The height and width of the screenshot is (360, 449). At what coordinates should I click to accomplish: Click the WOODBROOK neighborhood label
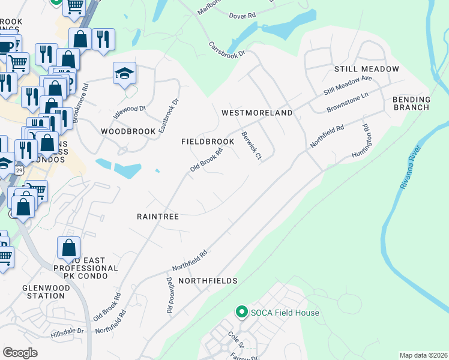[x=124, y=131]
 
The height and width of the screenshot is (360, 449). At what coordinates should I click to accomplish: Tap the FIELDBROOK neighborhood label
[x=208, y=142]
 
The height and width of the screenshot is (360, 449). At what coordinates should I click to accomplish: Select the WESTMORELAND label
[x=257, y=113]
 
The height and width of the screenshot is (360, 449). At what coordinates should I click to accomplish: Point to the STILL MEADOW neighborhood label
[x=367, y=69]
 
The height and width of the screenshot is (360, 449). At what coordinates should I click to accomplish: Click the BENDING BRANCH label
[x=411, y=103]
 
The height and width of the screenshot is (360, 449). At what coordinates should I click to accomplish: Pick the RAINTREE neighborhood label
[x=158, y=216]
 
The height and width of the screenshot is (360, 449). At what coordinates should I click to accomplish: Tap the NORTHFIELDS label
[x=208, y=281]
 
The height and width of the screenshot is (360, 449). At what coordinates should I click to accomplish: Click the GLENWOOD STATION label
[x=46, y=292]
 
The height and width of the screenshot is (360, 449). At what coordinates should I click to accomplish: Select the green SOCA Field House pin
[x=241, y=312]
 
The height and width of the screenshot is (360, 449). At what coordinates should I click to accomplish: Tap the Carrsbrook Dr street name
[x=228, y=49]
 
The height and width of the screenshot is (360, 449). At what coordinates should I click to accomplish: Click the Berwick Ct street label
[x=251, y=146]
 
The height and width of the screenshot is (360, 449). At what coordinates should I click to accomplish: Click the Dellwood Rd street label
[x=169, y=293]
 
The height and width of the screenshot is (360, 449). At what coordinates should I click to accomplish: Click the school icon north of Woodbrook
[x=124, y=74]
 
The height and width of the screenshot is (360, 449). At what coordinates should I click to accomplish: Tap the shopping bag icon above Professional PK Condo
[x=70, y=248]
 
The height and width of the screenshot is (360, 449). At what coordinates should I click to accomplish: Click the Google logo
[x=20, y=353]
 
